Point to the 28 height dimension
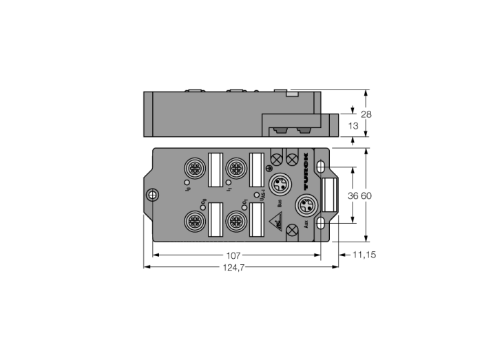click(366, 114)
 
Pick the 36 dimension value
click(353, 196)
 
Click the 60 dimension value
click(366, 196)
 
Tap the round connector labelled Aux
click(305, 205)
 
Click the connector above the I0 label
click(192, 167)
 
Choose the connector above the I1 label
click(237, 167)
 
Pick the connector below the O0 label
click(192, 222)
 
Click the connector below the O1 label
click(237, 222)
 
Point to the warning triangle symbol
click(275, 224)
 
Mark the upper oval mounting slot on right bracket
click(322, 167)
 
